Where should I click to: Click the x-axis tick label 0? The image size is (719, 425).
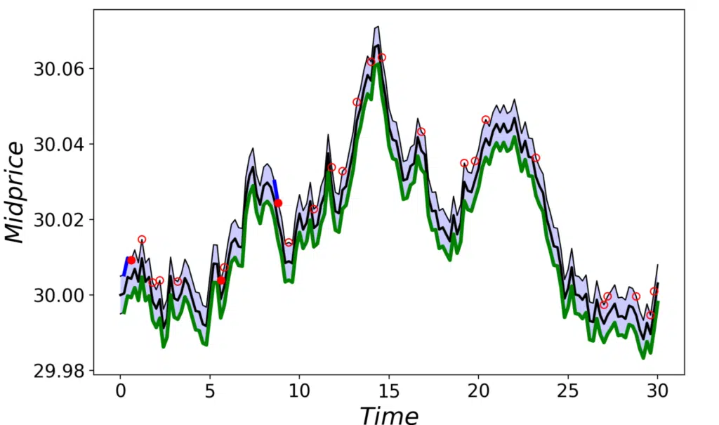click(120, 389)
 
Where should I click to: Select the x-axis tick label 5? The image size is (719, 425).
click(209, 389)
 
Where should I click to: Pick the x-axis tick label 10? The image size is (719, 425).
click(299, 389)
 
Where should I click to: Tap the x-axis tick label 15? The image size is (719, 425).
click(388, 389)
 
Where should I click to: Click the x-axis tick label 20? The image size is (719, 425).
click(478, 389)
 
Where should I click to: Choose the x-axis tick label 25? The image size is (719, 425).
click(567, 389)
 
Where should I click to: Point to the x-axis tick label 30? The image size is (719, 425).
click(657, 389)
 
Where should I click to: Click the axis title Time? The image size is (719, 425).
click(388, 414)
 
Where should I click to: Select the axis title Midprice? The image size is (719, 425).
click(15, 191)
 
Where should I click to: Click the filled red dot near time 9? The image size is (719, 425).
click(278, 203)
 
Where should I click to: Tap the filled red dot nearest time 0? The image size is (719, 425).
click(131, 260)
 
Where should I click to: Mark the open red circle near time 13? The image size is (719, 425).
click(357, 103)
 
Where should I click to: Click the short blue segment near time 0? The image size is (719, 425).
click(125, 266)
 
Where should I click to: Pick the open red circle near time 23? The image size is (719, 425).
click(536, 158)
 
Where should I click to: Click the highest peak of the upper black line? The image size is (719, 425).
click(378, 27)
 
